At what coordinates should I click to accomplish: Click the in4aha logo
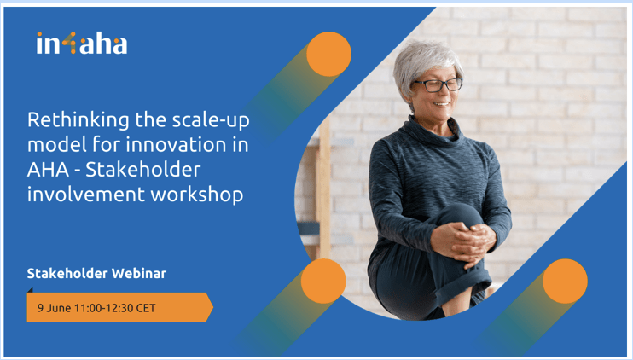[x=82, y=44]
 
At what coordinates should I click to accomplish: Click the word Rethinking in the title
[x=78, y=119]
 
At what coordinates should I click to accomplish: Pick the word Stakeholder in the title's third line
[x=143, y=169]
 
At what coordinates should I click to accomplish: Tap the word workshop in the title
[x=197, y=195]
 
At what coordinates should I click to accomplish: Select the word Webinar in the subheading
[x=139, y=273]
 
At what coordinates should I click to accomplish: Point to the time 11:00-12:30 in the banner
[x=104, y=308]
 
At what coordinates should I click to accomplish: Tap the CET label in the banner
[x=146, y=308]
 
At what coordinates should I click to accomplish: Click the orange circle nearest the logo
[x=328, y=54]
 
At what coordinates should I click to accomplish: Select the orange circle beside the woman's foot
[x=323, y=282]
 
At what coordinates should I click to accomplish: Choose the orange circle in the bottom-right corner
[x=565, y=282]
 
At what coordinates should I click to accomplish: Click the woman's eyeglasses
[x=438, y=84]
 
